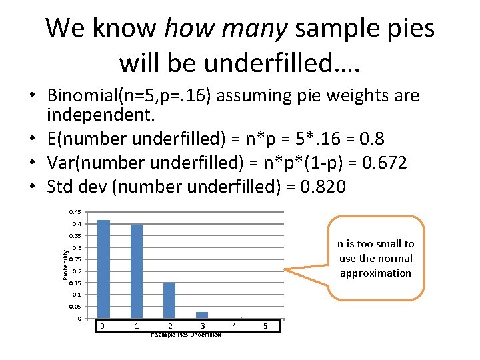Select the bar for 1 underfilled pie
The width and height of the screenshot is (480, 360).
pyautogui.click(x=137, y=271)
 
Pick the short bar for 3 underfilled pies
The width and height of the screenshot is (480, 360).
pyautogui.click(x=202, y=315)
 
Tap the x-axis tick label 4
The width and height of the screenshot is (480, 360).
pyautogui.click(x=234, y=326)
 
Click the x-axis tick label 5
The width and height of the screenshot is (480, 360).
pyautogui.click(x=266, y=326)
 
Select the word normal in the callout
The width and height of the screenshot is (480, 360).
pyautogui.click(x=395, y=259)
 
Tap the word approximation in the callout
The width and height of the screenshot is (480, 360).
pyautogui.click(x=376, y=273)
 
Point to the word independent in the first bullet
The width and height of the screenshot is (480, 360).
pyautogui.click(x=99, y=116)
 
